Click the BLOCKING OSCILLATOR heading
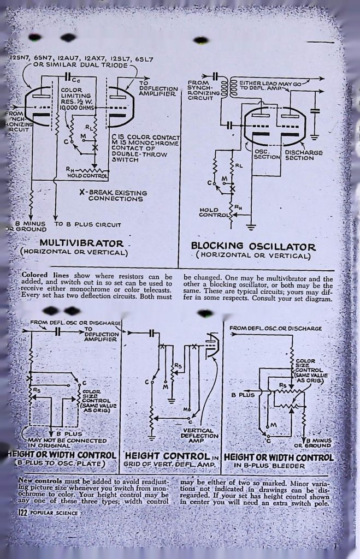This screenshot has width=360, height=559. coord(253,247)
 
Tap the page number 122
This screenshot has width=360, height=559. coord(22,513)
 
